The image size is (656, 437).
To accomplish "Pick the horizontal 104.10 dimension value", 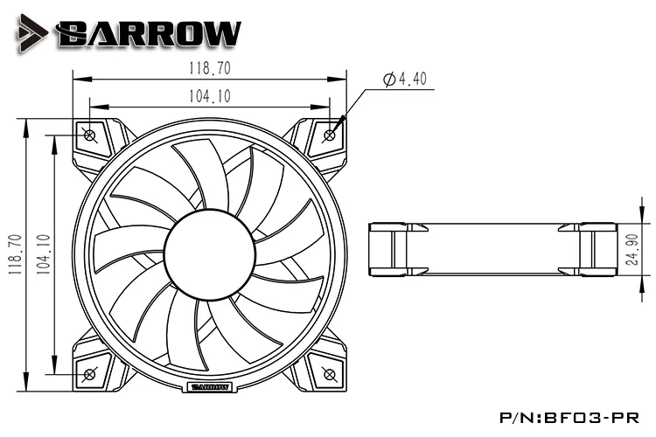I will [210, 96].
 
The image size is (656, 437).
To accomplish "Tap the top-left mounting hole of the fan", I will [90, 135].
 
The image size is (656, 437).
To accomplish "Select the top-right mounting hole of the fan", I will [330, 135].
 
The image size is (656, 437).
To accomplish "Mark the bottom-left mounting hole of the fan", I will [90, 374].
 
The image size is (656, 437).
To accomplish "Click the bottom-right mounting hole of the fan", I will [330, 374].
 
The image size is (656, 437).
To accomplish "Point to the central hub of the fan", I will [210, 254].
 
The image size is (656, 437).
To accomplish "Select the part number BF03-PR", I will [601, 419].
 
